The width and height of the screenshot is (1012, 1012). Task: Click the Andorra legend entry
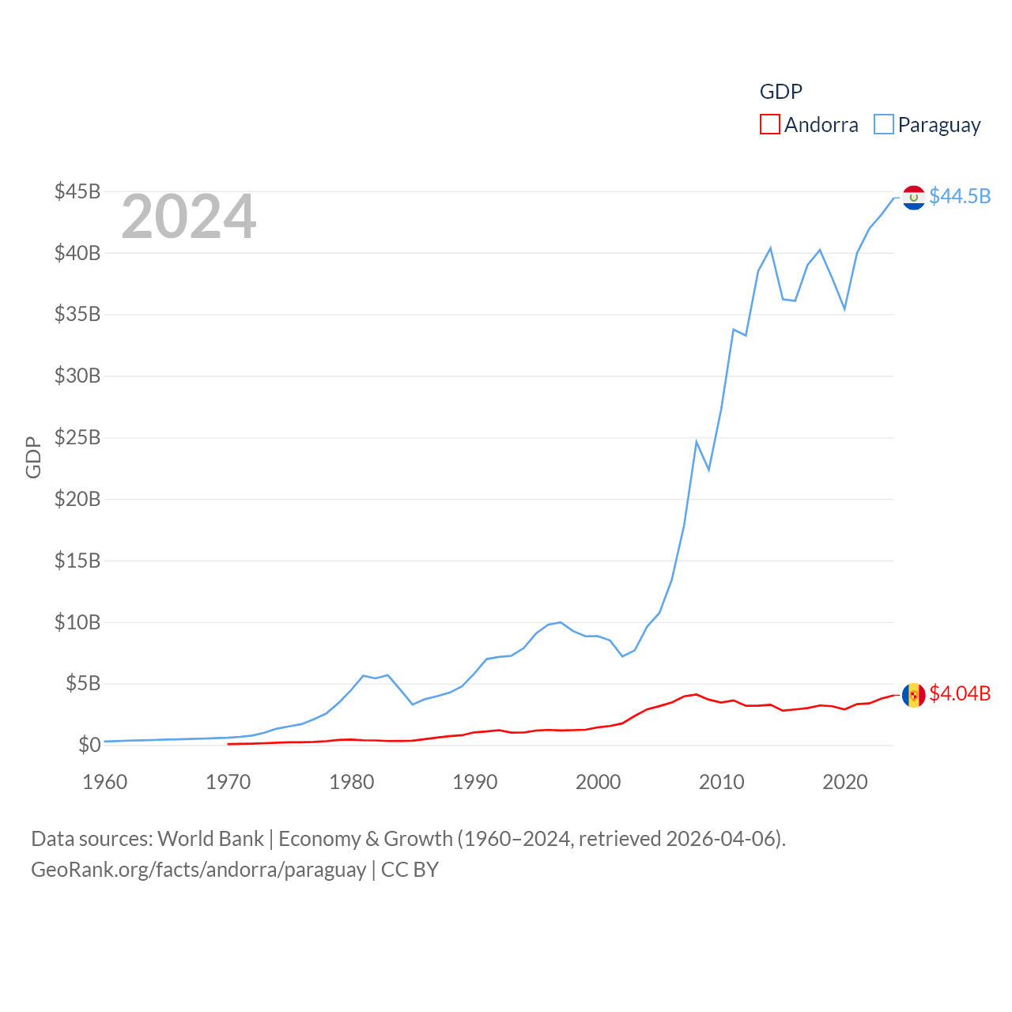tap(810, 125)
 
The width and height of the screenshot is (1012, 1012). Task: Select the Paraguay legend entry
tap(927, 125)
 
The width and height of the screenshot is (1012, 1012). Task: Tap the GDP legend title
tap(781, 92)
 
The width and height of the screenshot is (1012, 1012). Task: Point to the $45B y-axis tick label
tap(77, 191)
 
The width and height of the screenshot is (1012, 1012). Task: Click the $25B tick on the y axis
tap(77, 437)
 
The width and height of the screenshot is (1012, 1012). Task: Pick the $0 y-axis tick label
tap(89, 745)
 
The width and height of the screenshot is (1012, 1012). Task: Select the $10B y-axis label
tap(77, 622)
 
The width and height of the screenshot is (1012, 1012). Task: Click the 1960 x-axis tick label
tap(105, 782)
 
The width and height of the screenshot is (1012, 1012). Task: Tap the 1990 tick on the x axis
tap(475, 782)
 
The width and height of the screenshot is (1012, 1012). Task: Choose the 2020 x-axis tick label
tap(845, 782)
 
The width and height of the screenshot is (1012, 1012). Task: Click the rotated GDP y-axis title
tap(33, 457)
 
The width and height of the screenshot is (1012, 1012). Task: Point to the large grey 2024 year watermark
tap(189, 217)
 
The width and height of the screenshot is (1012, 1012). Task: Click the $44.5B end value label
tap(960, 196)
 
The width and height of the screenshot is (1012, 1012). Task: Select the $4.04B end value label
tap(960, 693)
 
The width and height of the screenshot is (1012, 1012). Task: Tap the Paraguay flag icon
tap(914, 198)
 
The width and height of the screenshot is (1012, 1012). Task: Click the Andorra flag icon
tap(914, 695)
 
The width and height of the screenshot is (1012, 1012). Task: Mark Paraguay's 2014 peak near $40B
tap(770, 248)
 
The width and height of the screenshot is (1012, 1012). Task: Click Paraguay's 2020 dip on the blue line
tap(844, 308)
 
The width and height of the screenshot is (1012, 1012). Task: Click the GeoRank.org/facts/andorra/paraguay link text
tap(198, 870)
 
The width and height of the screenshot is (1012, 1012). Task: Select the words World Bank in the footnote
tap(210, 838)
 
